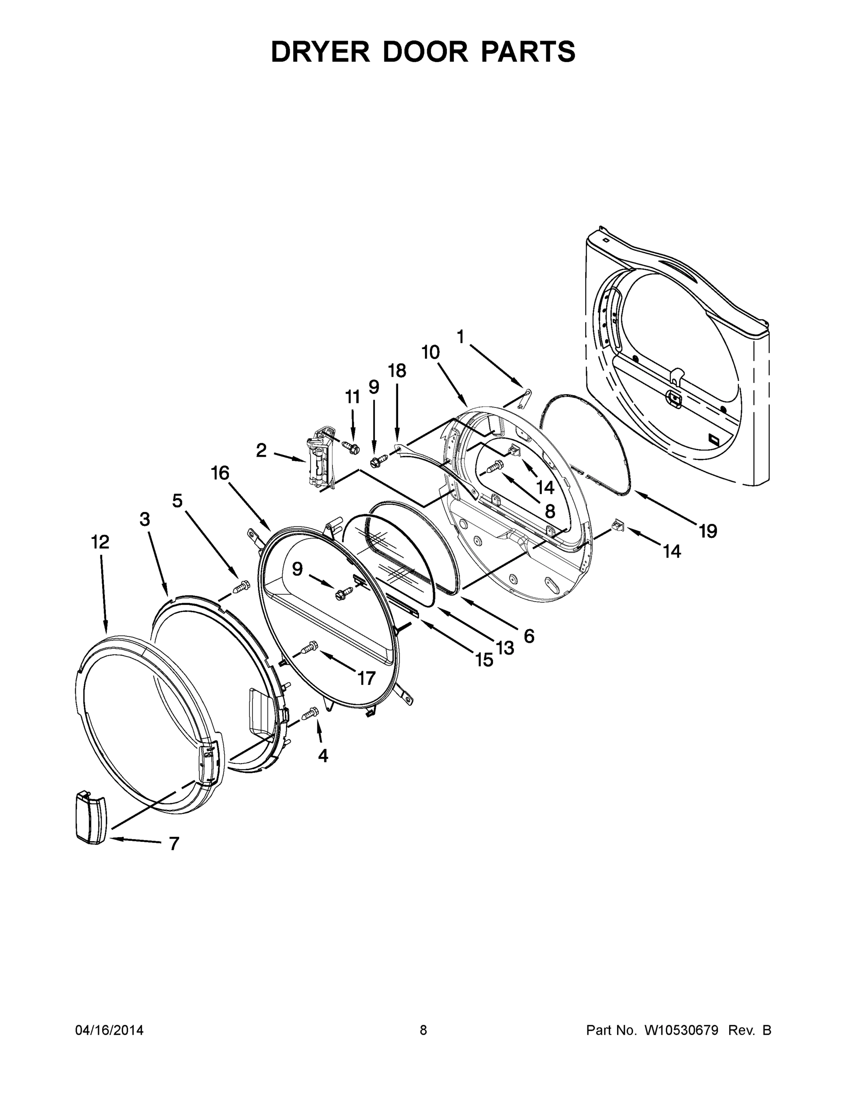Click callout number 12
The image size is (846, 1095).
pyautogui.click(x=100, y=542)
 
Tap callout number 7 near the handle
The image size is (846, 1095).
pyautogui.click(x=173, y=844)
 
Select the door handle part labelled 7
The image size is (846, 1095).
pyautogui.click(x=91, y=818)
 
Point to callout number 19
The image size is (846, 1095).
pyautogui.click(x=708, y=531)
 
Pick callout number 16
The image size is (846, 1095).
pyautogui.click(x=220, y=473)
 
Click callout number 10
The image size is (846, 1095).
pyautogui.click(x=430, y=353)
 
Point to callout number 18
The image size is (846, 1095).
pyautogui.click(x=396, y=371)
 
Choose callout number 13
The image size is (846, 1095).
pyautogui.click(x=505, y=648)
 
